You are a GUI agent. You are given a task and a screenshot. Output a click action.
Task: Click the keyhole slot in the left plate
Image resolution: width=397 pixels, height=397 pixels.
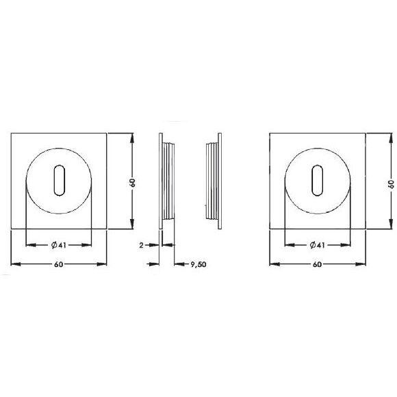tap(60, 180)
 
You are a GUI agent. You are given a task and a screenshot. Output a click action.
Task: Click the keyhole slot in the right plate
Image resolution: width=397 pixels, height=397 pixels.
tap(318, 180)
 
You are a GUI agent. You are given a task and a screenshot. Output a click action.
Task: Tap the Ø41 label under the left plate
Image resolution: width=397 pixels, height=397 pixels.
tap(58, 245)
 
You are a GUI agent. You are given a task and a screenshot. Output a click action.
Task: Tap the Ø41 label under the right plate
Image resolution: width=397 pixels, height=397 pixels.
tap(317, 245)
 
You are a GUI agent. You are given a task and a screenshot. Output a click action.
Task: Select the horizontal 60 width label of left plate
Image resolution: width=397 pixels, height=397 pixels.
tap(58, 264)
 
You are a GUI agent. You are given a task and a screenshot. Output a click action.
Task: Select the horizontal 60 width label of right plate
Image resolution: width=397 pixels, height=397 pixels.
tap(317, 264)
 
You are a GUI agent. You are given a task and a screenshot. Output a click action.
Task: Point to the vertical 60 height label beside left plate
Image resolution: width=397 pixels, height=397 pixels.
tap(132, 183)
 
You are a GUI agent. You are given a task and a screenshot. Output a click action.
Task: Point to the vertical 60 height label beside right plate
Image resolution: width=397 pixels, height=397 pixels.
tap(391, 184)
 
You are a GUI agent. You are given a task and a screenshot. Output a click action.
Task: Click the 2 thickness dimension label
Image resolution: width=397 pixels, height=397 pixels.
tap(141, 245)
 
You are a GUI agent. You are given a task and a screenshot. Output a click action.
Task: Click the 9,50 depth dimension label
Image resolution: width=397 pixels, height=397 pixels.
tap(198, 264)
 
